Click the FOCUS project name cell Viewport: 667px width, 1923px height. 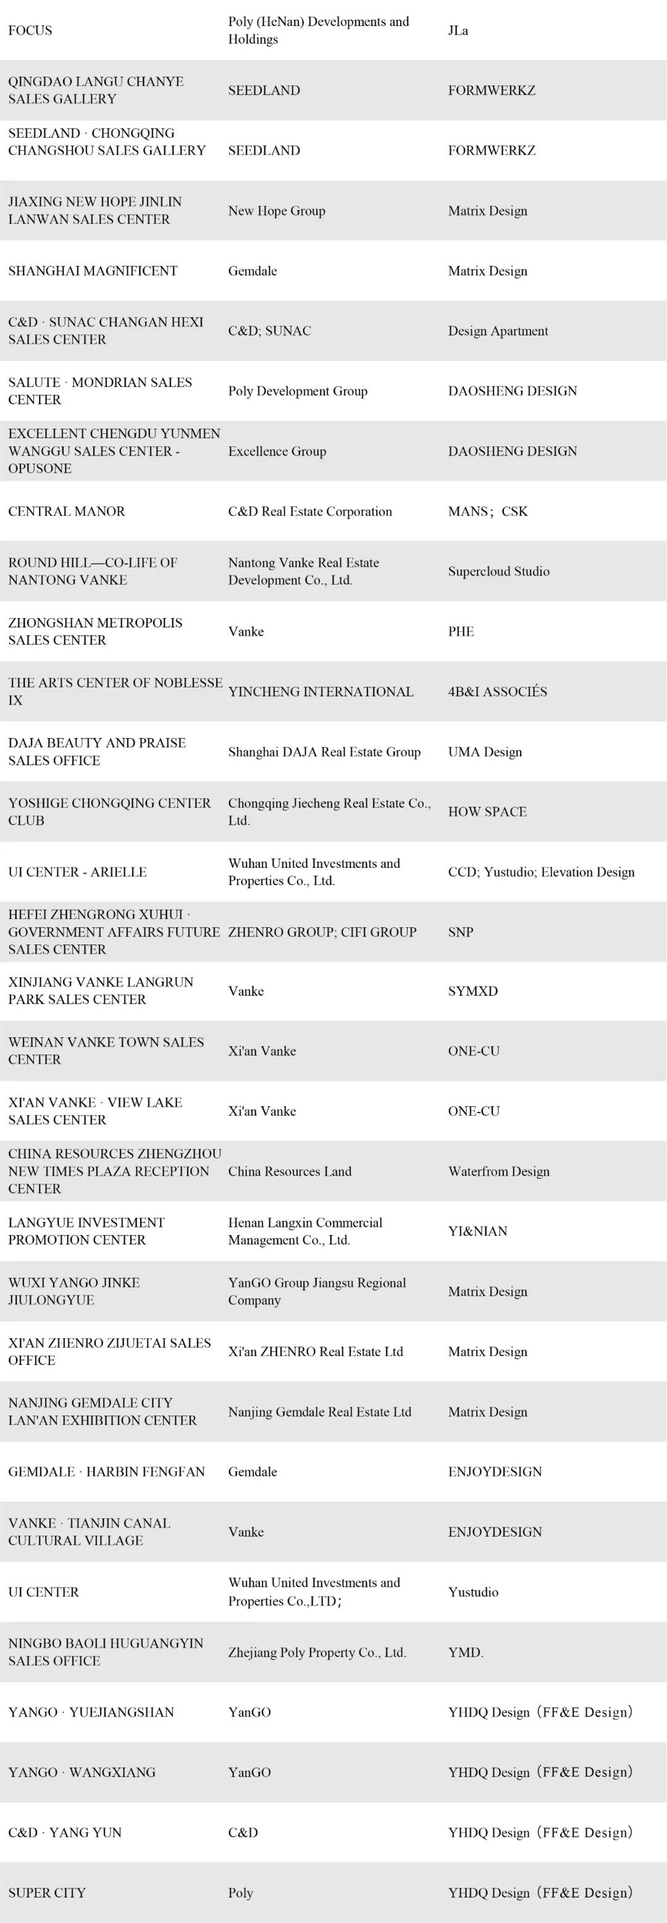tap(31, 31)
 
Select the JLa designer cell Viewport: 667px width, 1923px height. tap(458, 31)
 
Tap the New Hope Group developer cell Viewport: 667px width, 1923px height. tap(277, 211)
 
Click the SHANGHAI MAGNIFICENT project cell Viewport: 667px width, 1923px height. tap(93, 271)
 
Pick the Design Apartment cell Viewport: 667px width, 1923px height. tap(498, 331)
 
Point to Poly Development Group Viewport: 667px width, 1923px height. tap(298, 391)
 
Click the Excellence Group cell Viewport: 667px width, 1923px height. tap(277, 451)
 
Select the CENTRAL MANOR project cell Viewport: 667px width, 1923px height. tap(67, 511)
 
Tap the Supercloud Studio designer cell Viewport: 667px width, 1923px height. tap(498, 571)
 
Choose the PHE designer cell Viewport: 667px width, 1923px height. tap(461, 632)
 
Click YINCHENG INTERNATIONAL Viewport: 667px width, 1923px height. tap(321, 691)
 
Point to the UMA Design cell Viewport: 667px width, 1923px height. tap(485, 752)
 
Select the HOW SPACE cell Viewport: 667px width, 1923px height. tap(487, 812)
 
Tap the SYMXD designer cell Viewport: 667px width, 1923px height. tap(472, 991)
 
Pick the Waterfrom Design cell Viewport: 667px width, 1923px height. tap(498, 1171)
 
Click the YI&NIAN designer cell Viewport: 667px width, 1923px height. tap(477, 1231)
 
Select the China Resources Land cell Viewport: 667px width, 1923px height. tap(290, 1171)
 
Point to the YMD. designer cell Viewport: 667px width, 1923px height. tap(466, 1652)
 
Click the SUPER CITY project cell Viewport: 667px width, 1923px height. tap(47, 1892)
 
